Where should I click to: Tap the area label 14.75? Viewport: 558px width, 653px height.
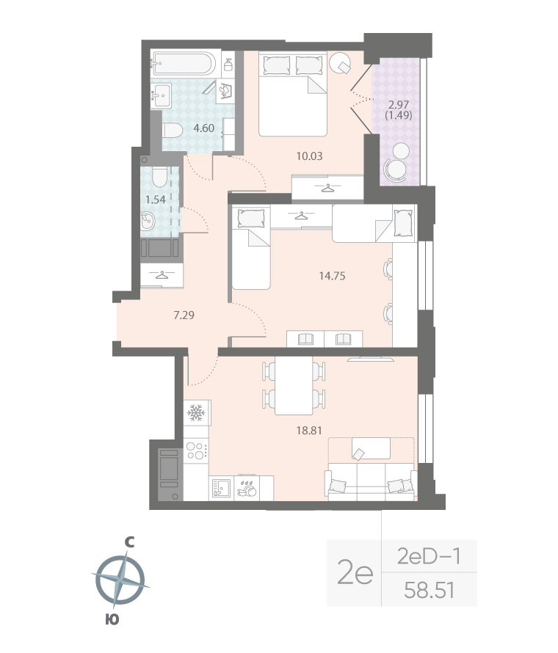click(332, 277)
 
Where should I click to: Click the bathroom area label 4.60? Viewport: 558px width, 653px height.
click(204, 128)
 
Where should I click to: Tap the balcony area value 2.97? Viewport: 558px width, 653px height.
click(396, 105)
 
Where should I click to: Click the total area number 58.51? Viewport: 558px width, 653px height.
click(430, 589)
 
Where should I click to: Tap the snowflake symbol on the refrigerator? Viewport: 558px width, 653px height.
click(195, 415)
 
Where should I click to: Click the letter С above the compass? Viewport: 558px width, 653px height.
click(129, 542)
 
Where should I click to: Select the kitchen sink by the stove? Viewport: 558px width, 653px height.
click(220, 488)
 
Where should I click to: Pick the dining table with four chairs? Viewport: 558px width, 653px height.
click(293, 387)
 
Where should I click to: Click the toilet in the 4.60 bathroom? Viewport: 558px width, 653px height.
click(172, 132)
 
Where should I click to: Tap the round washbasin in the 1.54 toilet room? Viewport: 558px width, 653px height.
click(148, 221)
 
